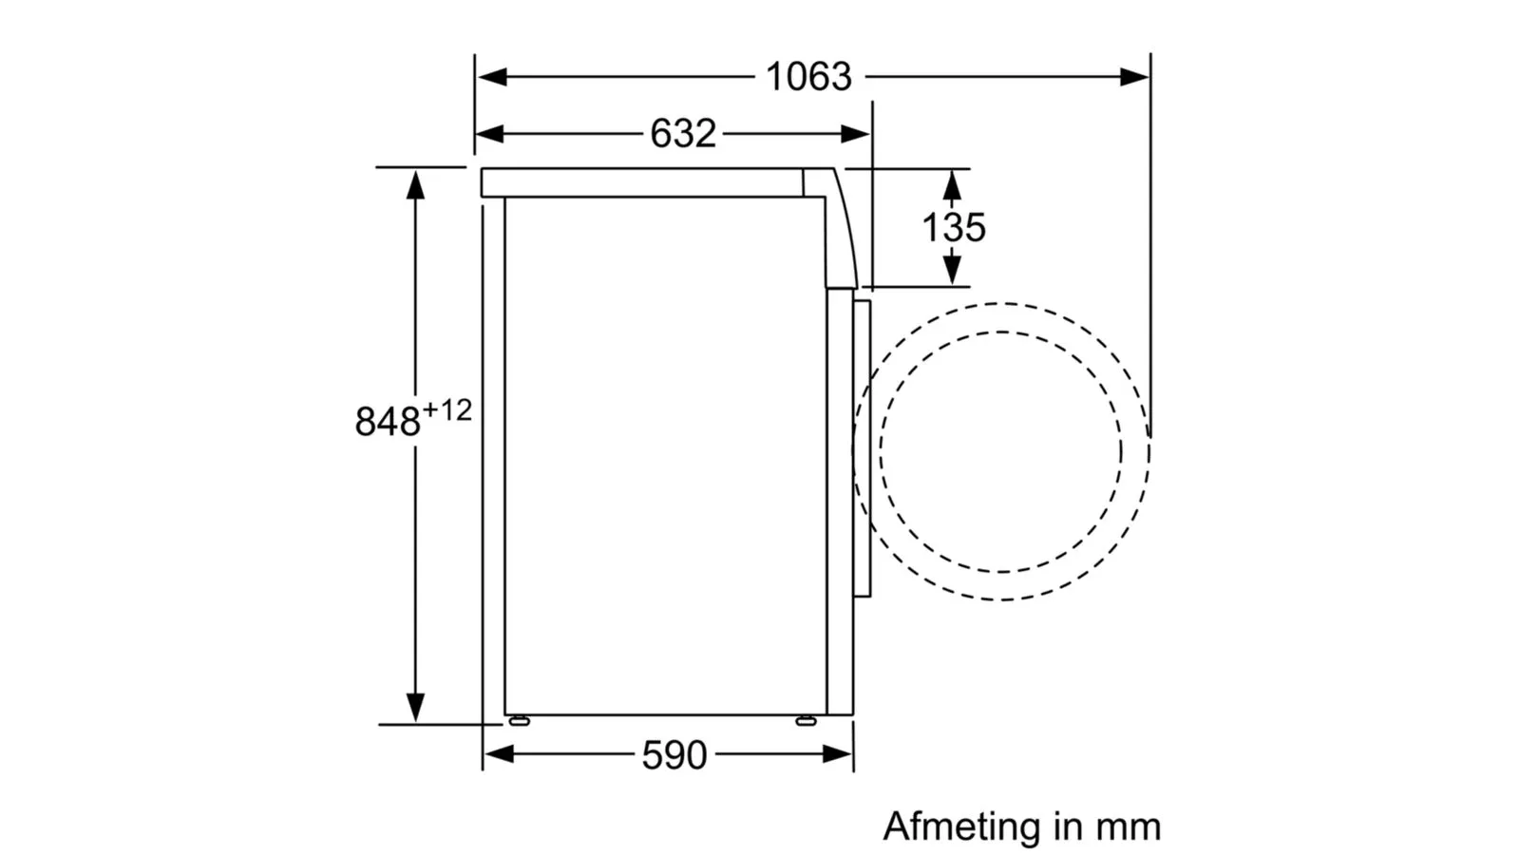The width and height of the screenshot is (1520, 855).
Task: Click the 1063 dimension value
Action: [808, 77]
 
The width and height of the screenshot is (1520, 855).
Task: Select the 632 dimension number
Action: [683, 134]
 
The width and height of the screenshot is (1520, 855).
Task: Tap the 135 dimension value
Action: [954, 227]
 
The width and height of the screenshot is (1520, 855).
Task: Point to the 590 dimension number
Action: [674, 755]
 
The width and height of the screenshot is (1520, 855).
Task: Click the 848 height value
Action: [388, 422]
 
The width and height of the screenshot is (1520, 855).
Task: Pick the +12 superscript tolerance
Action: [447, 410]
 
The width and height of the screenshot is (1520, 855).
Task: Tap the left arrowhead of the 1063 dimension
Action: [491, 77]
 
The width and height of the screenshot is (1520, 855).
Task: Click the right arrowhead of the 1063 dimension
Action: [1134, 77]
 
